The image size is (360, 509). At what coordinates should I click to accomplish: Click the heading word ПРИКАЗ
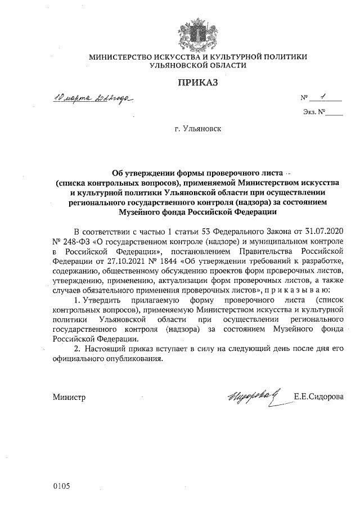click(x=197, y=83)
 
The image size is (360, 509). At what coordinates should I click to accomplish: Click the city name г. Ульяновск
click(x=198, y=129)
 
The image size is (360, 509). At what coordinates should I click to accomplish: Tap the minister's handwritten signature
click(x=253, y=395)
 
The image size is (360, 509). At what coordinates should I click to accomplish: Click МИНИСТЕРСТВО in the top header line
click(x=121, y=57)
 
